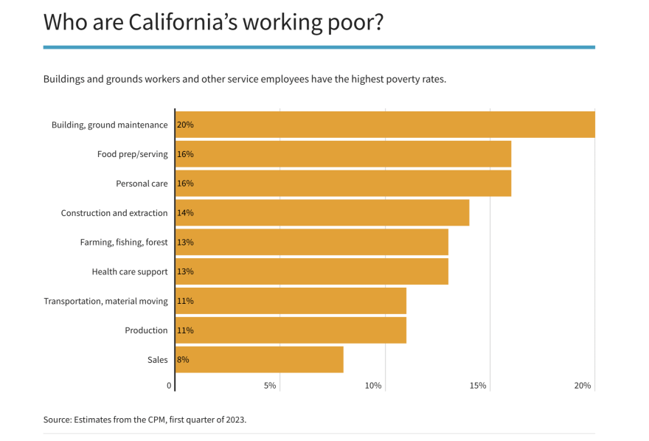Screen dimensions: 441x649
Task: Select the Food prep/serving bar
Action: pyautogui.click(x=343, y=154)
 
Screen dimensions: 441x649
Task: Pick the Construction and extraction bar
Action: pyautogui.click(x=322, y=212)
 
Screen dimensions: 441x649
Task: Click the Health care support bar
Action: pyautogui.click(x=312, y=271)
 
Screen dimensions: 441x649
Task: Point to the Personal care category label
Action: pyautogui.click(x=142, y=184)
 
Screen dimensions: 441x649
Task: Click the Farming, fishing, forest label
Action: pyautogui.click(x=124, y=243)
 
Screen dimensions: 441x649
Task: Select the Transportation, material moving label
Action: pyautogui.click(x=105, y=301)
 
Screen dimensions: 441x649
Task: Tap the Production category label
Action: pyautogui.click(x=146, y=330)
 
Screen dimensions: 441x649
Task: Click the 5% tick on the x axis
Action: pyautogui.click(x=270, y=386)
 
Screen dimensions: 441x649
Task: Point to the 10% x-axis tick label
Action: pyautogui.click(x=373, y=386)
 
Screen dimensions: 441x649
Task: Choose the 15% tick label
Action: pyautogui.click(x=478, y=386)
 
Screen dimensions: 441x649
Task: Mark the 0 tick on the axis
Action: pyautogui.click(x=169, y=386)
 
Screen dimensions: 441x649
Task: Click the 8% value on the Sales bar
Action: pyautogui.click(x=183, y=360)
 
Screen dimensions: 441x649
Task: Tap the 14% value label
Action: pyautogui.click(x=185, y=212)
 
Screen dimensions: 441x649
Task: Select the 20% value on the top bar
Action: pyautogui.click(x=185, y=125)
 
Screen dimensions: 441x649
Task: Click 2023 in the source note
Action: pyautogui.click(x=233, y=420)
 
